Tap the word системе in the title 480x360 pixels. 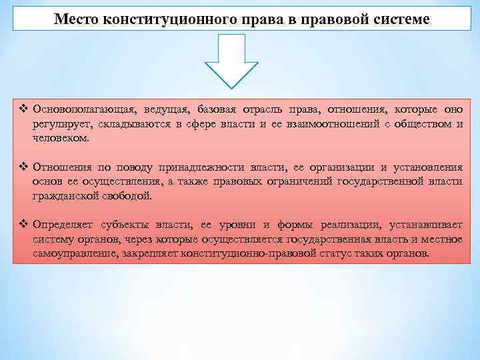coord(401,19)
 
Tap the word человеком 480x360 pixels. coord(60,137)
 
